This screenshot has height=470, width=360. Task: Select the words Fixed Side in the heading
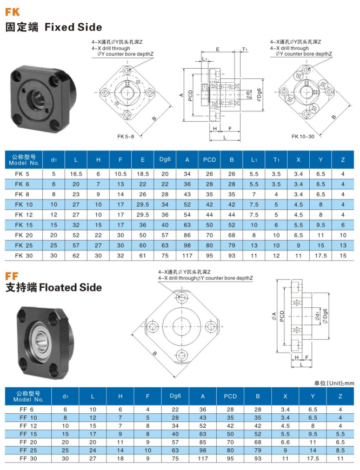pyautogui.click(x=73, y=27)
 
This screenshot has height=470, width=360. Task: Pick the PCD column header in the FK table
pyautogui.click(x=209, y=160)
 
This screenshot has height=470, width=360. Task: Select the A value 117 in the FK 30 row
pyautogui.click(x=187, y=255)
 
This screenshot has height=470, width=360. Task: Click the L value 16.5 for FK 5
pyautogui.click(x=76, y=174)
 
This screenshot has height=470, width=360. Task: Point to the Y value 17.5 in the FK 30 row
pyautogui.click(x=321, y=255)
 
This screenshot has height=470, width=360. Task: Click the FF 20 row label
pyautogui.click(x=27, y=442)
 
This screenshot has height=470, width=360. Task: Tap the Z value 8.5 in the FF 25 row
pyautogui.click(x=340, y=450)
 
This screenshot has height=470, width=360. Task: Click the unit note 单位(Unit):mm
pyautogui.click(x=334, y=383)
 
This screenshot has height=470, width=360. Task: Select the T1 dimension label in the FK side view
pyautogui.click(x=244, y=49)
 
